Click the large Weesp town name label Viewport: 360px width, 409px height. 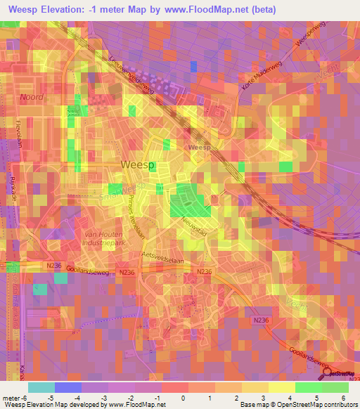click(138, 164)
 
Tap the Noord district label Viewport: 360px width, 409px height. click(32, 97)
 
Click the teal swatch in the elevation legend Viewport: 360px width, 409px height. click(41, 387)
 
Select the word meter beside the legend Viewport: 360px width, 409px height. click(11, 397)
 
